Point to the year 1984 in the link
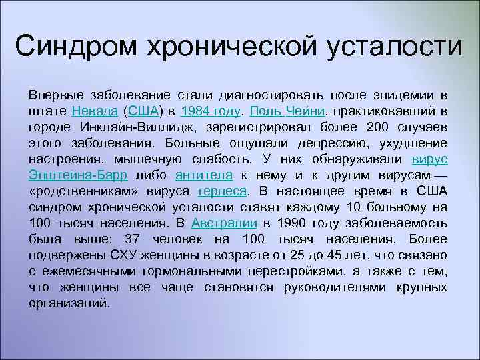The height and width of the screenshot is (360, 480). pyautogui.click(x=195, y=111)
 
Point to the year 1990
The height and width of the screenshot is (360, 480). pyautogui.click(x=291, y=223)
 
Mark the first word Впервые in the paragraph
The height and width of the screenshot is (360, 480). pyautogui.click(x=52, y=95)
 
